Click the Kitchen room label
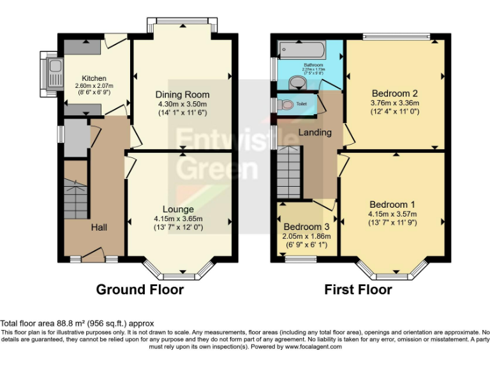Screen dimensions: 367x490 pyautogui.click(x=94, y=78)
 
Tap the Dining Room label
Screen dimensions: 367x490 pyautogui.click(x=182, y=94)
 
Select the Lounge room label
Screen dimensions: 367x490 pyautogui.click(x=178, y=209)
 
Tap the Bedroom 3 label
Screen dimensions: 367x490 pyautogui.click(x=307, y=227)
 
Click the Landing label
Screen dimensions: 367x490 pyautogui.click(x=315, y=133)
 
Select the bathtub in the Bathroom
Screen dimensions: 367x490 pyautogui.click(x=302, y=50)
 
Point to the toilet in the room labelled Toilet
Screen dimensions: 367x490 pyautogui.click(x=286, y=104)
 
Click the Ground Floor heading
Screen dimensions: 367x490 pyautogui.click(x=140, y=290)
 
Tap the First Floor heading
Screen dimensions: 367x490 pyautogui.click(x=358, y=290)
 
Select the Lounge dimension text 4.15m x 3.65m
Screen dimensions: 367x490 pyautogui.click(x=178, y=219)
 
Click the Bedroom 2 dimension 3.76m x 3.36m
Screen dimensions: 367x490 pyautogui.click(x=394, y=101)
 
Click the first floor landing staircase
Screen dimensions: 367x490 pyautogui.click(x=290, y=172)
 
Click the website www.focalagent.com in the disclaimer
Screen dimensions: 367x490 pyautogui.click(x=313, y=347)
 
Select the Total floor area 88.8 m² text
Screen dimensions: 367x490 pyautogui.click(x=77, y=324)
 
